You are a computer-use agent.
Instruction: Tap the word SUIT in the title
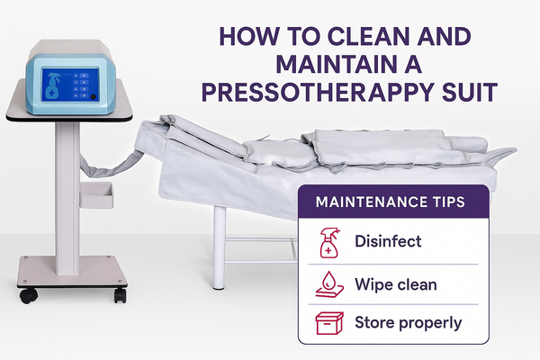click(470, 92)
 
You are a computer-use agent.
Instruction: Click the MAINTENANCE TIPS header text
click(391, 202)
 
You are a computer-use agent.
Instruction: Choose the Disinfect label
click(388, 241)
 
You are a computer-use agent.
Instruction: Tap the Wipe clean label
click(396, 284)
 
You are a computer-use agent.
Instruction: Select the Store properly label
click(408, 323)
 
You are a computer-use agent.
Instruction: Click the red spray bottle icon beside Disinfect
click(329, 243)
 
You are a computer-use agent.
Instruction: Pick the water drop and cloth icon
click(329, 284)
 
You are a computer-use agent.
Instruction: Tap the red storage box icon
click(329, 323)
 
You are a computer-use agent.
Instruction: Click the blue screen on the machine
click(70, 85)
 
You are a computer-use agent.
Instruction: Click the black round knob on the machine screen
click(93, 97)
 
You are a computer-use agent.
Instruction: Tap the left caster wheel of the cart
click(28, 295)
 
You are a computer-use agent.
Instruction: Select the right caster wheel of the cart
click(121, 295)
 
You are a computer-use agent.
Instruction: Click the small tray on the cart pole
click(96, 195)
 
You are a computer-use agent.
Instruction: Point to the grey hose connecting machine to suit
click(110, 166)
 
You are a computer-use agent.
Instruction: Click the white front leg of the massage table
click(220, 247)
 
